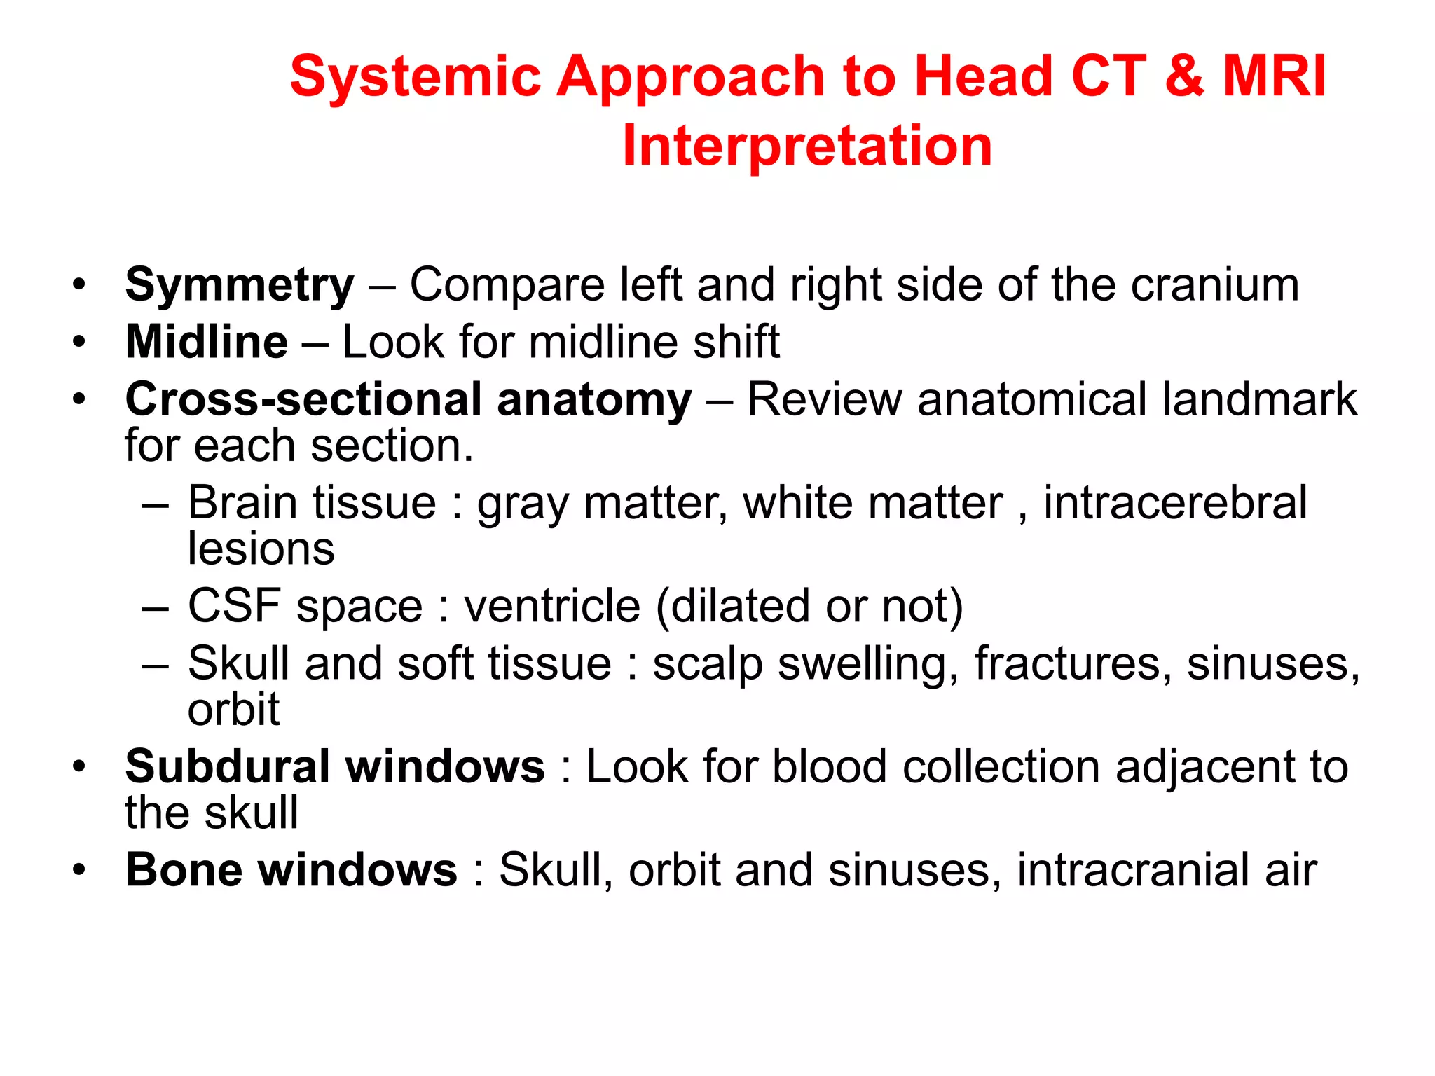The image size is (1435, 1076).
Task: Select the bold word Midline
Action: (x=207, y=343)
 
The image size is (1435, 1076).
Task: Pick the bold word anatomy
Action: (x=594, y=401)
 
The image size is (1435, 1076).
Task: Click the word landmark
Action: (x=1259, y=399)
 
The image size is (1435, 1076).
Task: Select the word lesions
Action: (x=261, y=549)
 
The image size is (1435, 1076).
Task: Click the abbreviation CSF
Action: (x=235, y=606)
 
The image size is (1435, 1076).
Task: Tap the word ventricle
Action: (x=552, y=606)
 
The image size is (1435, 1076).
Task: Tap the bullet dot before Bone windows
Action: (x=79, y=870)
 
